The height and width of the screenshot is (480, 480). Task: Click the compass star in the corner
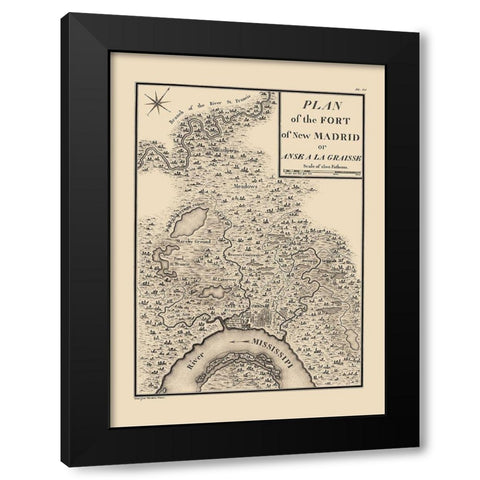(x=157, y=100)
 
